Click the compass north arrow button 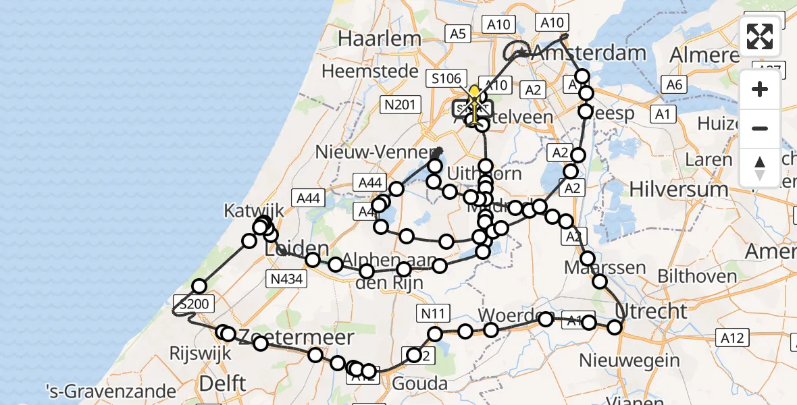760,168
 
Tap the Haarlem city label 380,38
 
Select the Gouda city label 420,384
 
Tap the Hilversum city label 679,190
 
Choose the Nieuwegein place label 639,360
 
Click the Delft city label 222,383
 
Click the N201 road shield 401,104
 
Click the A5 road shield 459,34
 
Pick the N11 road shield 432,313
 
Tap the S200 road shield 191,304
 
